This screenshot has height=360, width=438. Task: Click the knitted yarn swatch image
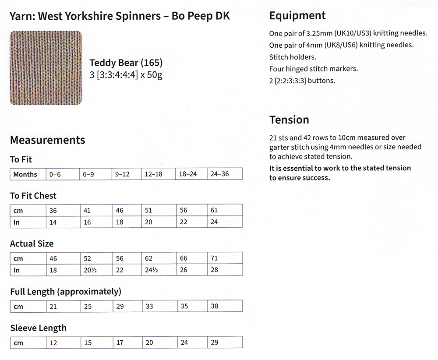46,68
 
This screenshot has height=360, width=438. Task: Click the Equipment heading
297,16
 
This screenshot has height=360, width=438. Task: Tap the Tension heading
289,120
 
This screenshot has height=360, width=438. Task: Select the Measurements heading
47,140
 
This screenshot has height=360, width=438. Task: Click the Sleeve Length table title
38,328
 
